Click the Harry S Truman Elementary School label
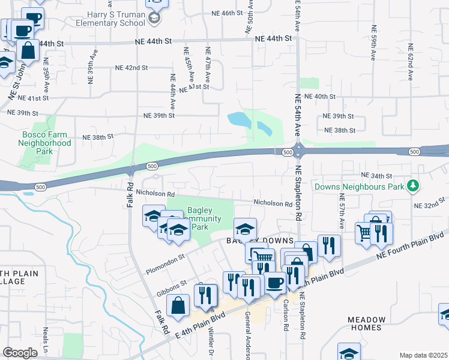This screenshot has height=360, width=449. pos(111,18)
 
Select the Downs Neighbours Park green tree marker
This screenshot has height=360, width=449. pos(412,186)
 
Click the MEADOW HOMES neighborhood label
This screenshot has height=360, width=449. pos(364,323)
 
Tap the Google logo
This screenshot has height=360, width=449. pos(20,352)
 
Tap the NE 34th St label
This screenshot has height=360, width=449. pos(376,176)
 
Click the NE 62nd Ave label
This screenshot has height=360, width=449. pos(411,62)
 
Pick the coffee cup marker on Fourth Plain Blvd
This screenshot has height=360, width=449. pos(275,283)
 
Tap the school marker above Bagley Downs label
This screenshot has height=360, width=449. pos(244,229)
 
